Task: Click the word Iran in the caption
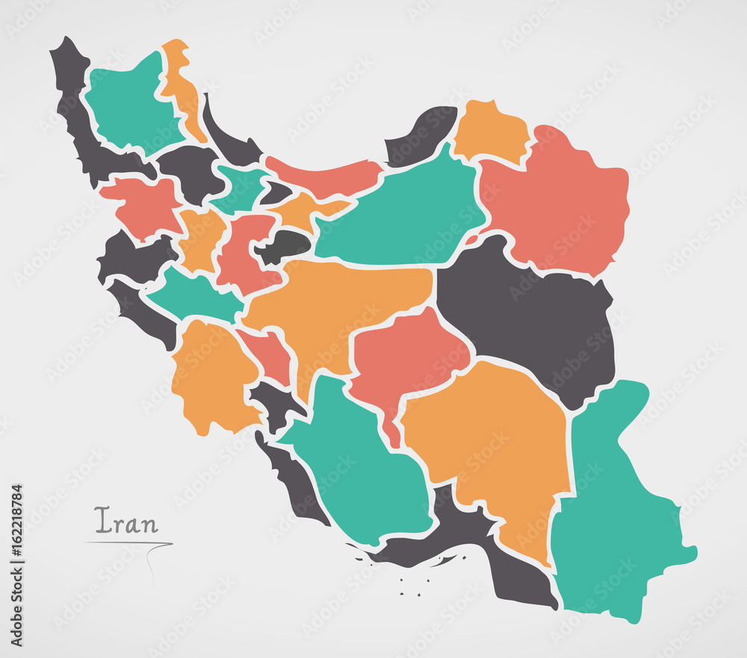(x=126, y=521)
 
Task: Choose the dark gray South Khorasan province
(x=530, y=313)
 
